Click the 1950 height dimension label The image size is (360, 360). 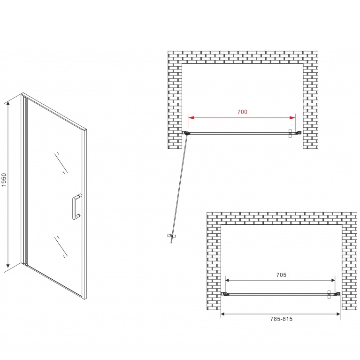point(4,180)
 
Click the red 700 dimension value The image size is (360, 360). point(242,112)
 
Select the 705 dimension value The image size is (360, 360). point(281,275)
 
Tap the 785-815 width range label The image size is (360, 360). point(281,319)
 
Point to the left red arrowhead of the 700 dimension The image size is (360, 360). point(191,118)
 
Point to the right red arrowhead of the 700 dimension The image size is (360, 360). point(292,118)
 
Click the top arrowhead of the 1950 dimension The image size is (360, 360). point(8,104)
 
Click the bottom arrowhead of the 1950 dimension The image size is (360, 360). point(8,265)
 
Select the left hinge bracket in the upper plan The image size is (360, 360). point(185,133)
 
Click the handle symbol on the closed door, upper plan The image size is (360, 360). point(290,133)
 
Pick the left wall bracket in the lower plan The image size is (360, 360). point(224,294)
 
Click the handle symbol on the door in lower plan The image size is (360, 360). point(329,294)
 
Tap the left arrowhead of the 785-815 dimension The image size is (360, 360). point(223,314)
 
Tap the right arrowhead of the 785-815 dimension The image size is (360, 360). point(337,314)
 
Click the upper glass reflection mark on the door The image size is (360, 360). point(61,163)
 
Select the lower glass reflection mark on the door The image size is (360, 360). point(61,246)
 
